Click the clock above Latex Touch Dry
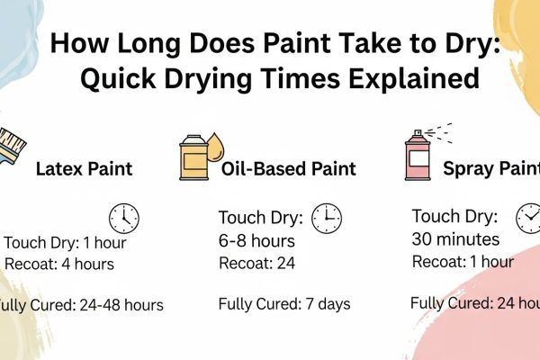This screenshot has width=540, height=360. coord(123,218)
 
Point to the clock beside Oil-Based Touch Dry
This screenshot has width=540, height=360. coord(326,217)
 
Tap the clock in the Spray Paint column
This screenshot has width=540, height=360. coord(528,218)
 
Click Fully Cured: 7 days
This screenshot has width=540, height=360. coord(283,304)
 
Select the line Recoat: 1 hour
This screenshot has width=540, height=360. coord(463,262)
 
